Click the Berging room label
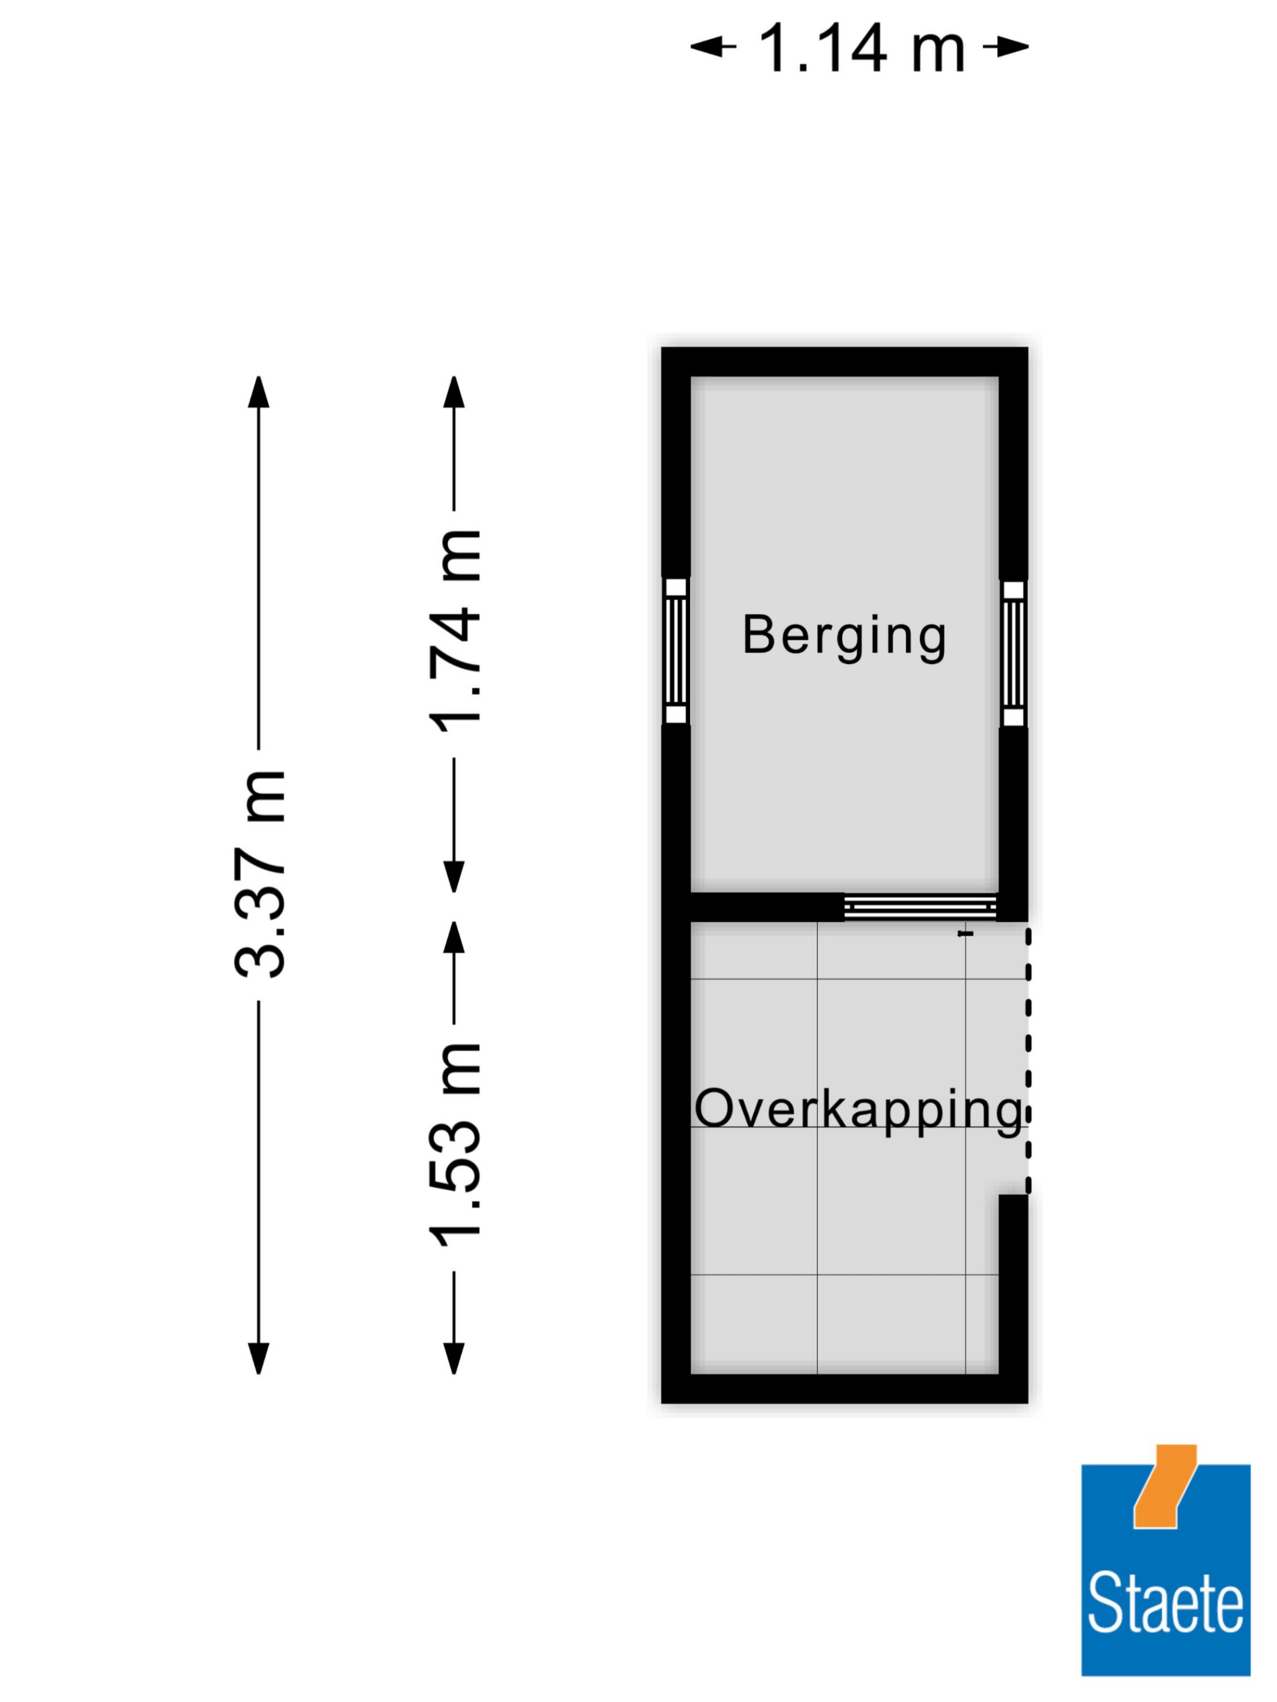844,636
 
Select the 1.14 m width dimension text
861,48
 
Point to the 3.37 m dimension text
260,873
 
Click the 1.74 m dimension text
454,631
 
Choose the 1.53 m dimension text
454,1146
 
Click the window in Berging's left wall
676,651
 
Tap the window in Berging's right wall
1014,653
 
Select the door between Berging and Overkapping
921,907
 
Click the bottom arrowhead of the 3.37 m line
259,1359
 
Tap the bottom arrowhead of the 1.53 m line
454,1359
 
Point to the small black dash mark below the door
965,934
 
